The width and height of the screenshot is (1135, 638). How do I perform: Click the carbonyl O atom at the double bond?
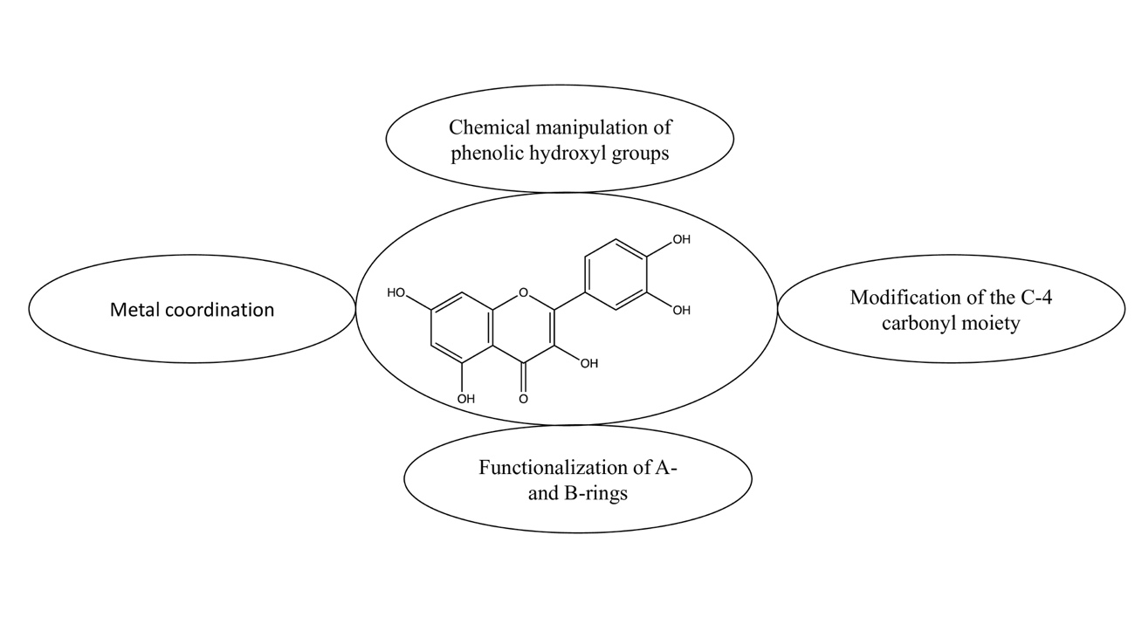pyautogui.click(x=523, y=399)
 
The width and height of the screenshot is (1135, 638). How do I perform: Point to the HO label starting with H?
pyautogui.click(x=396, y=293)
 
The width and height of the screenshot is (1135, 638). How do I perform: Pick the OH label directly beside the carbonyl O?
pyautogui.click(x=589, y=364)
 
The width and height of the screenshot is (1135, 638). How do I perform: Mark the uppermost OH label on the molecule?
pyautogui.click(x=681, y=239)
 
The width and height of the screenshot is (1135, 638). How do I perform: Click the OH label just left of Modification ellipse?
pyautogui.click(x=681, y=310)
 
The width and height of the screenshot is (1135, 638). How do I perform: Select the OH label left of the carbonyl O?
pyautogui.click(x=466, y=399)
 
